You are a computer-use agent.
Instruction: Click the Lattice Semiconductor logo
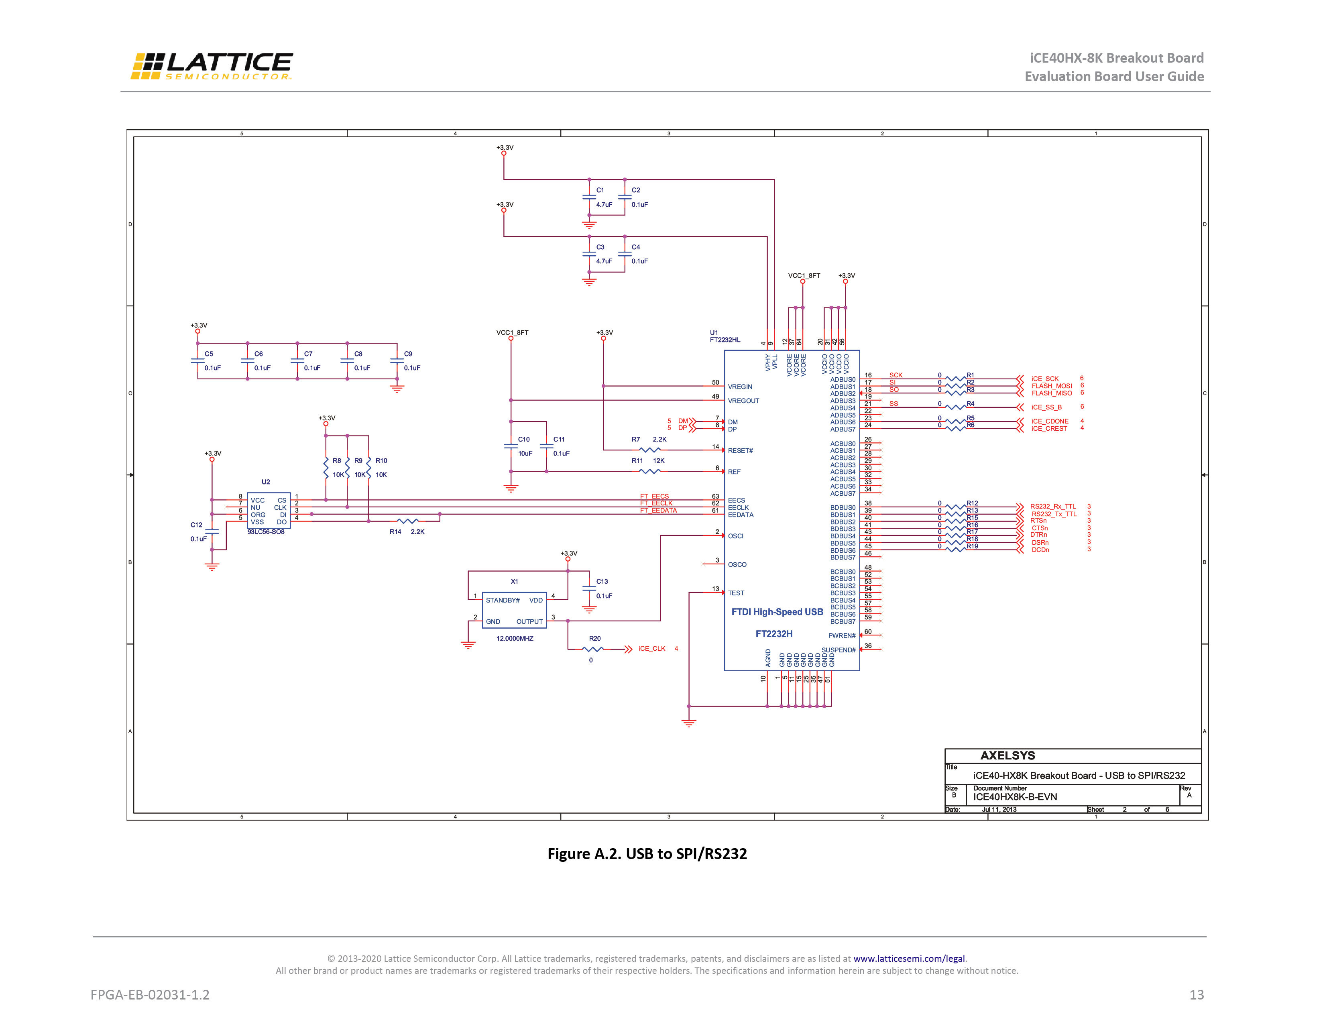pyautogui.click(x=212, y=66)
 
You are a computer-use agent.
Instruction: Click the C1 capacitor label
pyautogui.click(x=600, y=190)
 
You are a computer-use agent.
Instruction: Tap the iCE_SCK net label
pyautogui.click(x=1045, y=379)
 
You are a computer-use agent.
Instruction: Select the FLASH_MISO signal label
pyautogui.click(x=1051, y=393)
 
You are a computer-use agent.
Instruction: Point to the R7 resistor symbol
pyautogui.click(x=650, y=450)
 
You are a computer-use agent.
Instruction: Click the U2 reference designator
pyautogui.click(x=266, y=482)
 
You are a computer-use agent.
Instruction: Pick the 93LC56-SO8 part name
pyautogui.click(x=266, y=532)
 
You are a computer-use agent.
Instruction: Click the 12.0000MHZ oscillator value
pyautogui.click(x=515, y=638)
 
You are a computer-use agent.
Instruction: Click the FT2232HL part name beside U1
pyautogui.click(x=725, y=340)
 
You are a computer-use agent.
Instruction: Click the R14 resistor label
pyautogui.click(x=395, y=531)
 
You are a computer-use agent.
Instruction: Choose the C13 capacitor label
pyautogui.click(x=602, y=581)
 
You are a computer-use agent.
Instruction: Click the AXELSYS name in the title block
pyautogui.click(x=1008, y=755)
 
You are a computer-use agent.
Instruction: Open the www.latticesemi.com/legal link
pyautogui.click(x=909, y=959)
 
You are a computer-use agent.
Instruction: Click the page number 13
pyautogui.click(x=1197, y=995)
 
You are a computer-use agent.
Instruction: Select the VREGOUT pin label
pyautogui.click(x=743, y=400)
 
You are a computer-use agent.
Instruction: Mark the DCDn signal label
pyautogui.click(x=1040, y=550)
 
